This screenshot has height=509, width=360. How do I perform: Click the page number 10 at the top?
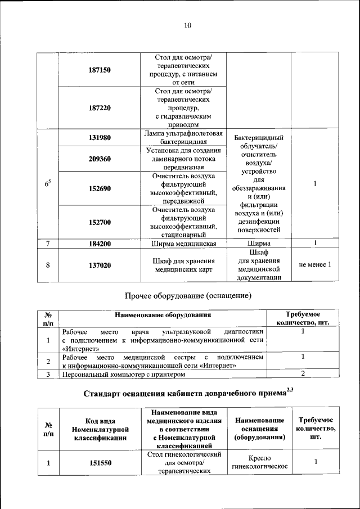point(188,25)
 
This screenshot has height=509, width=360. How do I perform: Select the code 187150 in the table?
point(100,70)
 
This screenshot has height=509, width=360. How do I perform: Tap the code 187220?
point(100,107)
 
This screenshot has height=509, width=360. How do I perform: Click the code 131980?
point(100,137)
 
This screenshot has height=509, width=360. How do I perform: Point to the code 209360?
point(100,159)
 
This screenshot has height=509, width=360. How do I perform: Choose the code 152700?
point(100,222)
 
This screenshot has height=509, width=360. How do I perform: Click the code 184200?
point(100,244)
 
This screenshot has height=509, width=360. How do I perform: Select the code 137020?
point(100,265)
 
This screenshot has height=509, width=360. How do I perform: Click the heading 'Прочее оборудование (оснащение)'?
point(187,295)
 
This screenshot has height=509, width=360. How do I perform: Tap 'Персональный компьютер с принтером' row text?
point(123,374)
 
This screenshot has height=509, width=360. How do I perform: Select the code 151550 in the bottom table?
point(100,463)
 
